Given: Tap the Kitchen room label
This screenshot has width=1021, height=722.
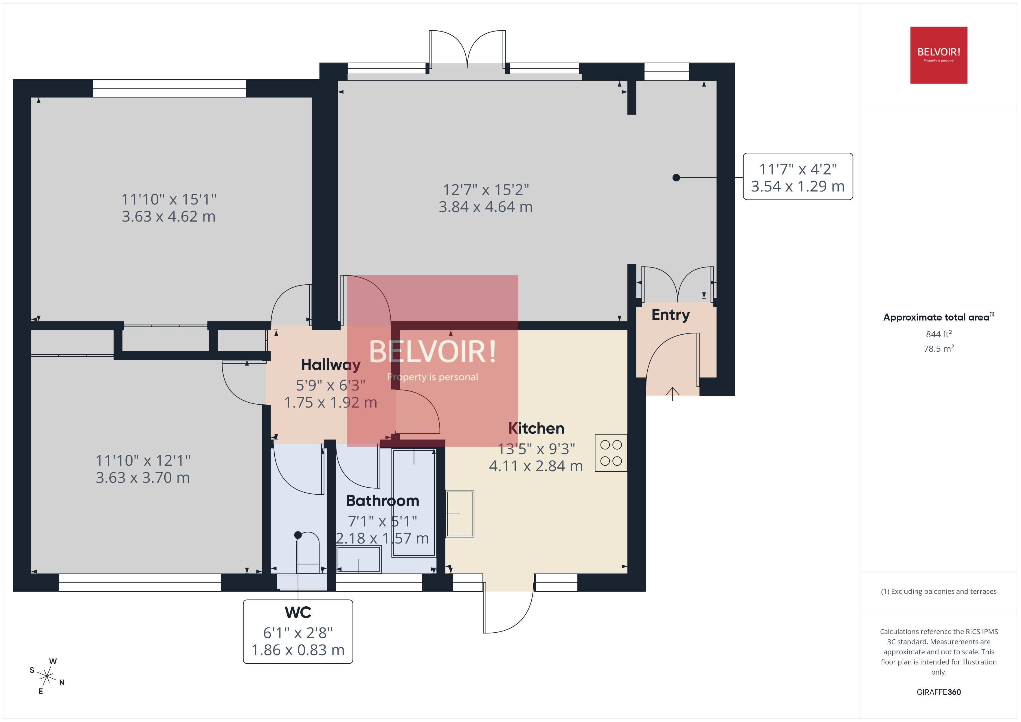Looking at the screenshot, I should (x=536, y=428).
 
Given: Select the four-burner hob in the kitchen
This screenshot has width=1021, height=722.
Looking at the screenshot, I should (x=611, y=453).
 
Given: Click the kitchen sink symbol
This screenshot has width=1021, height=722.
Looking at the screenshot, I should (x=460, y=514).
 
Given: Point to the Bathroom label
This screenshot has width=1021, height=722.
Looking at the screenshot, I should (x=382, y=501).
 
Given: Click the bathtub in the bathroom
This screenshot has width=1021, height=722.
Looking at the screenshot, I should (x=414, y=502).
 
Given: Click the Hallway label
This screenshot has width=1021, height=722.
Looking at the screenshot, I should (x=330, y=364).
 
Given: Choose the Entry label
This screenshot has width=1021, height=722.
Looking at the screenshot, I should (x=671, y=315).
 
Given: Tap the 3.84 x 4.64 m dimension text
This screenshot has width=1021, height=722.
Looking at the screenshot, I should (x=486, y=207).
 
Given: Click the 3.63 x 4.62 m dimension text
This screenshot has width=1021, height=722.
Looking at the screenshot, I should (x=168, y=216).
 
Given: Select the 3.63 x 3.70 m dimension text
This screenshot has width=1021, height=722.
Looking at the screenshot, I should (x=143, y=478).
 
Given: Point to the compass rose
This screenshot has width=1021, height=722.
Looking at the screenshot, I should (x=47, y=677).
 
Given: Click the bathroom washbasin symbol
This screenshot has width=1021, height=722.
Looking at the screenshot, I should (x=358, y=559).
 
